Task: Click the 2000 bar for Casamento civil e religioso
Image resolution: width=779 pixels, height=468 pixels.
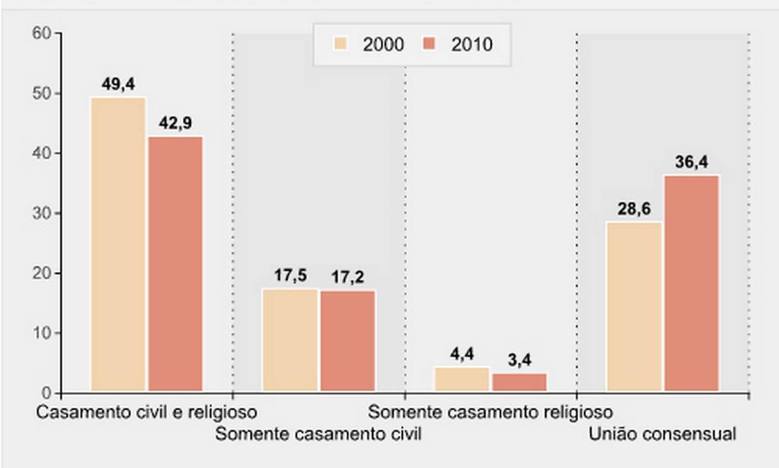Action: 118,244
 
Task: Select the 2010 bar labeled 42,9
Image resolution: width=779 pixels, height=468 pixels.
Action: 176,264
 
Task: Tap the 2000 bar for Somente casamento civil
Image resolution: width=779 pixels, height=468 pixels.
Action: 290,340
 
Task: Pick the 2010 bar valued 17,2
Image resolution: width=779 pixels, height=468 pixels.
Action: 348,341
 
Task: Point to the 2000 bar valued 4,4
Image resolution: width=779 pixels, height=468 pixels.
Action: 462,380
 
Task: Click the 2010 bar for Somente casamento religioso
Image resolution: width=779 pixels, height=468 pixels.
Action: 519,383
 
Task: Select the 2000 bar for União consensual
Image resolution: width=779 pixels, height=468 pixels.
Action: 634,306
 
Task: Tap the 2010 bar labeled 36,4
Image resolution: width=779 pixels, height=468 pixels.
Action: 691,284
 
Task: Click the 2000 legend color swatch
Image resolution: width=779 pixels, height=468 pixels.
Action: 341,44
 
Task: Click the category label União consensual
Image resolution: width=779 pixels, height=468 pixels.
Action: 662,434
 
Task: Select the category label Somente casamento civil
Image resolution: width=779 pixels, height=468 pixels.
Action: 318,434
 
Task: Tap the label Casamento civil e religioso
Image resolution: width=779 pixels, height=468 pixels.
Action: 146,413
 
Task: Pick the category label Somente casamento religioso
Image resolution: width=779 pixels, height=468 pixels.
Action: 491,413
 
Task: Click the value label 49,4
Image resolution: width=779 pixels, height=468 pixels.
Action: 118,85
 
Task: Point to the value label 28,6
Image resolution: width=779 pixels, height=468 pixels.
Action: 634,210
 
